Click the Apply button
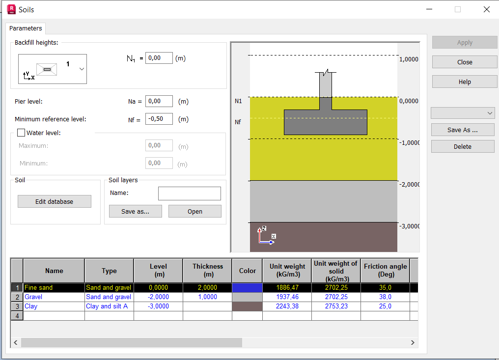point(465,43)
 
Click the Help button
point(465,82)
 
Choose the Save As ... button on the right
point(463,130)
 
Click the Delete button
point(463,147)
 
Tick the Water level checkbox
point(21,133)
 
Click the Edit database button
point(54,202)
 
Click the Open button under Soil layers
point(194,212)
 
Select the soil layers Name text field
point(189,194)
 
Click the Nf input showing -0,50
point(159,119)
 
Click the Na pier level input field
point(159,102)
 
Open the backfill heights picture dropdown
point(82,69)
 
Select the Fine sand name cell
point(54,288)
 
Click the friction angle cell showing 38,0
point(385,297)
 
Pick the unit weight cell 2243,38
point(287,306)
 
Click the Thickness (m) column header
point(207,271)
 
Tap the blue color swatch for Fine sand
point(247,288)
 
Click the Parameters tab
point(26,28)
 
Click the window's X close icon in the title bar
point(486,9)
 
